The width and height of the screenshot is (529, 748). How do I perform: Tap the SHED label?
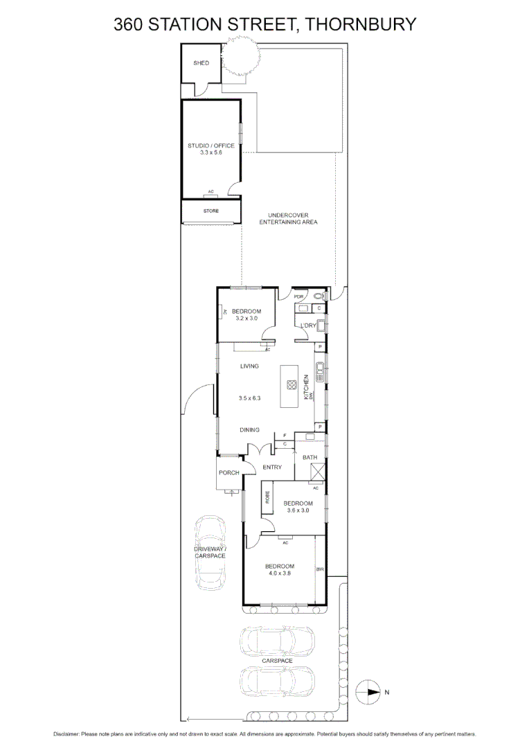(201, 63)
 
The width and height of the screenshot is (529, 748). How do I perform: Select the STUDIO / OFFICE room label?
(211, 145)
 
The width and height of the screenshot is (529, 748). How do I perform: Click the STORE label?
(210, 210)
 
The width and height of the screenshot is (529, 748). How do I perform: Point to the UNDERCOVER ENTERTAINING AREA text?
(288, 219)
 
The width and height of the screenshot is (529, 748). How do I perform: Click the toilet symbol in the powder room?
(318, 296)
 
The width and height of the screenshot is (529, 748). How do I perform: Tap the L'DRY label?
(308, 326)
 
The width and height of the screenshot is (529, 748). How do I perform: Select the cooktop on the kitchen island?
(292, 385)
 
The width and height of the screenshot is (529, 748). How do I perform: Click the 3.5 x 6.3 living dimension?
(249, 398)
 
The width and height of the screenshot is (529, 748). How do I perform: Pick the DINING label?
(249, 430)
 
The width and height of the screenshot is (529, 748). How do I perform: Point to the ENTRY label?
(271, 467)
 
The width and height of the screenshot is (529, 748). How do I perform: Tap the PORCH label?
(228, 473)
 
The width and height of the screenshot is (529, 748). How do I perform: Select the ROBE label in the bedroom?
(267, 496)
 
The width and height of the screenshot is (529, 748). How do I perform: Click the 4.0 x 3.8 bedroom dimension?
(280, 573)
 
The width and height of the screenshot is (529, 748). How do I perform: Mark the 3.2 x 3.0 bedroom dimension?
(246, 319)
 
